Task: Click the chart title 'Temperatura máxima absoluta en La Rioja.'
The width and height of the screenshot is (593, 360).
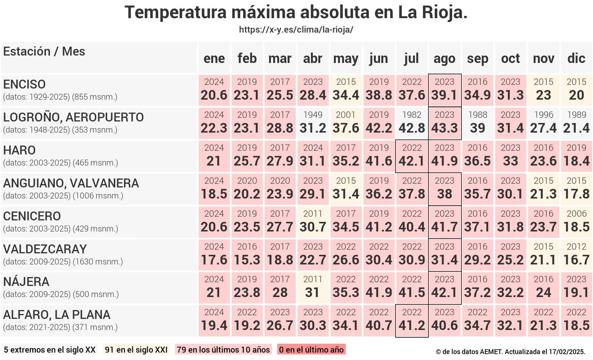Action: point(296,12)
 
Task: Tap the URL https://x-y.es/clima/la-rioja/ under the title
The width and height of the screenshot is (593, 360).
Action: point(296,30)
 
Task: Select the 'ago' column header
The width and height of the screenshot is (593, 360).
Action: point(444,58)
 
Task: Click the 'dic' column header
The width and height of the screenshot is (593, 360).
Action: point(576,58)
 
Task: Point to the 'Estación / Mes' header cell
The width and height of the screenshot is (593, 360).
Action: point(44,51)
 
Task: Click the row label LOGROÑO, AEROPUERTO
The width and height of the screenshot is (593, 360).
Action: point(73,117)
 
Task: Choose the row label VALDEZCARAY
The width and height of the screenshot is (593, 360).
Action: point(45,249)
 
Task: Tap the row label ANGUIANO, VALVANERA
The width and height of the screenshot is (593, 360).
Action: point(71,183)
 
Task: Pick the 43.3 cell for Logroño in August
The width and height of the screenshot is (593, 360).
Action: point(444,123)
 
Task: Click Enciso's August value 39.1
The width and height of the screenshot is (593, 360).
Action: point(444,90)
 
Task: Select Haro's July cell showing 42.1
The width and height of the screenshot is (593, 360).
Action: point(412,156)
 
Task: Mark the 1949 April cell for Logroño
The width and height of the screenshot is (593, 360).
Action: point(313,123)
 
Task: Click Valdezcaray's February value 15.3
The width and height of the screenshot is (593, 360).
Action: point(247,255)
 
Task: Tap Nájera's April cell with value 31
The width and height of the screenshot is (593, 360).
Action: point(313,288)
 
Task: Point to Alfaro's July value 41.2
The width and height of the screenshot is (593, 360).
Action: point(412,321)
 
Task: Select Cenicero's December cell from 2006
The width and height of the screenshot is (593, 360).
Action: point(576,222)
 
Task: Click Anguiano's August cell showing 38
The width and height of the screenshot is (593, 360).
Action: point(444,189)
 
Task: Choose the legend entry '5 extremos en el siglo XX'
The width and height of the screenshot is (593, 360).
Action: point(50,350)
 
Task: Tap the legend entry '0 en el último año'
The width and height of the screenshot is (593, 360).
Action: point(311,350)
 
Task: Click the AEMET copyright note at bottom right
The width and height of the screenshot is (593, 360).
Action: point(510,352)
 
